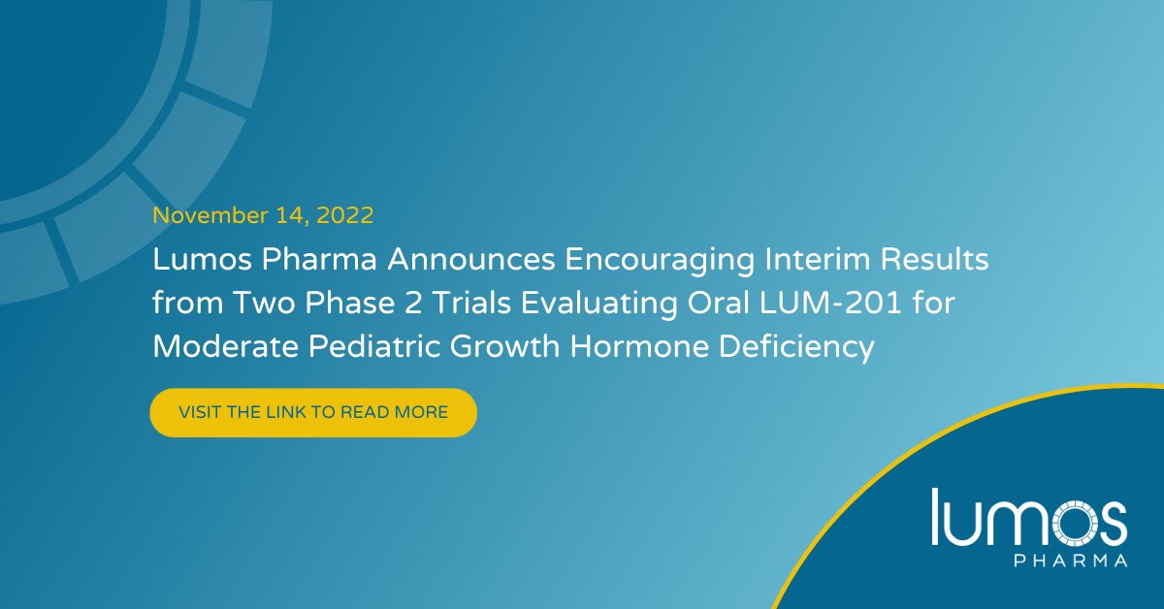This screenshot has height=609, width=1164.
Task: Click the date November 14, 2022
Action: [x=262, y=215]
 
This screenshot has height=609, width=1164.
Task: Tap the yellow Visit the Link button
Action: [x=313, y=412]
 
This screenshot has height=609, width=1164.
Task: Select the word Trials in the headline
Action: [x=439, y=304]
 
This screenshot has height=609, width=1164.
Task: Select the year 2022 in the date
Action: [x=343, y=215]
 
